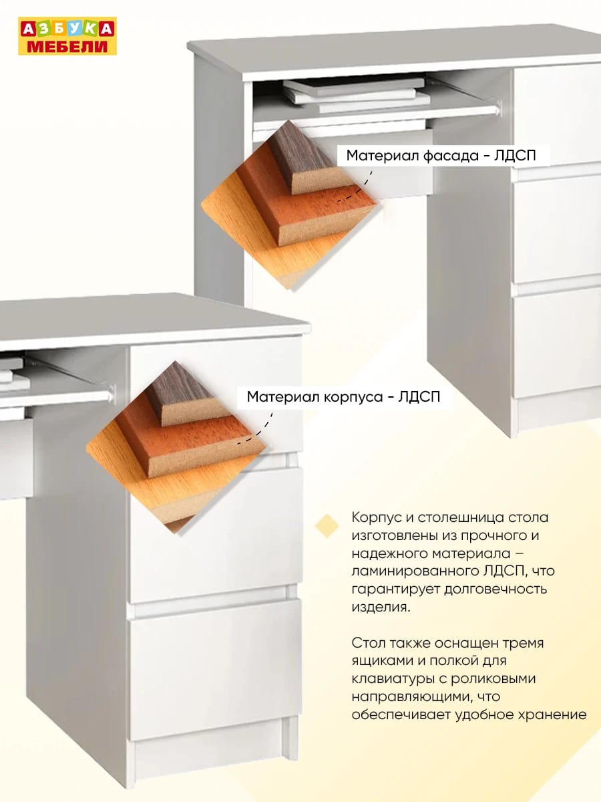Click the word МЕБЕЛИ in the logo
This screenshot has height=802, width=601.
67,46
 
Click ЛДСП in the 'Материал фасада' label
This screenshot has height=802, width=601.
515,156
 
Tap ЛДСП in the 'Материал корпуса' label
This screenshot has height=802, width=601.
419,397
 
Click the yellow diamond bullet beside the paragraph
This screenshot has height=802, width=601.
327,526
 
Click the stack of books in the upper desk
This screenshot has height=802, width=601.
356,95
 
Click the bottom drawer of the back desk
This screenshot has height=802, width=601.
557,347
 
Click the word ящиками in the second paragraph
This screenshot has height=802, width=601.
381,662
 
